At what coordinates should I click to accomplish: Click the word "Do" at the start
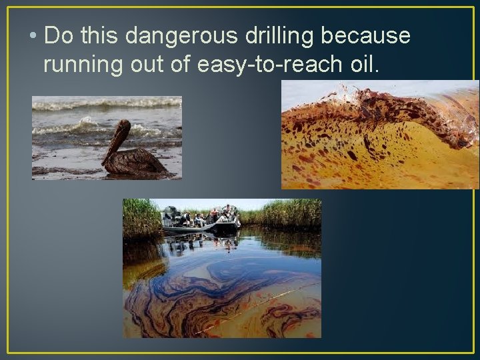58,36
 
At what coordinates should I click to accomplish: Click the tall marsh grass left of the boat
141,217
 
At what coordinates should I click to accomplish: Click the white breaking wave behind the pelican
87,125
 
